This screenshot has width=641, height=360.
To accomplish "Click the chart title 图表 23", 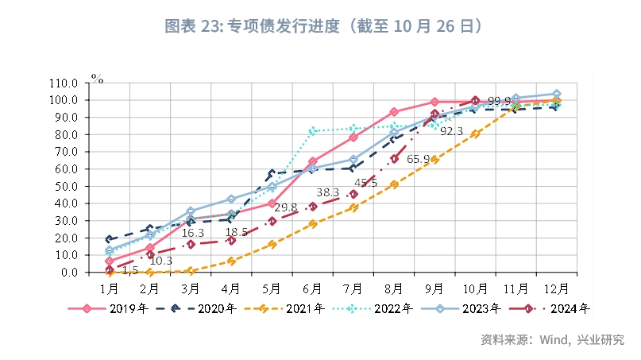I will click(322, 26).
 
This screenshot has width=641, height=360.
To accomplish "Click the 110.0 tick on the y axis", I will click(64, 83).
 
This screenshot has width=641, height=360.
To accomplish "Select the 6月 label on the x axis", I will click(312, 286).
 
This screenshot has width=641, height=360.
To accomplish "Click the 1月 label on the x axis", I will click(110, 286).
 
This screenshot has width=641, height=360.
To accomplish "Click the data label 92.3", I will click(451, 131).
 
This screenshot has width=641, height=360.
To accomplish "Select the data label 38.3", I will click(328, 192).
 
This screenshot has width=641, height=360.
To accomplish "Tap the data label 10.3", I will click(161, 261).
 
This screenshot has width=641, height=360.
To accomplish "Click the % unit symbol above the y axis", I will click(97, 78).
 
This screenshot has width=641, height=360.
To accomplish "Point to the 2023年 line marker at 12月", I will click(556, 94).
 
